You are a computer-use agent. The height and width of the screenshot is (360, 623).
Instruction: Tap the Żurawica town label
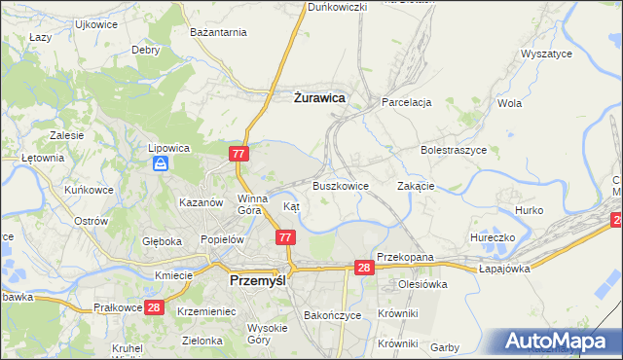pos(320,97)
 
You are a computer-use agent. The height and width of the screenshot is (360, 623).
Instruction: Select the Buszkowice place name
pos(340,185)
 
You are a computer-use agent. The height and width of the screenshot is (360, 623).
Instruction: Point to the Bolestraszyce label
pos(453,151)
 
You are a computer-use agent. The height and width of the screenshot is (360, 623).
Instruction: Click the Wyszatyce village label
pos(546,54)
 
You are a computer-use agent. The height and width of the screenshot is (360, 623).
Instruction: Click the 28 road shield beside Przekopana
pos(364,268)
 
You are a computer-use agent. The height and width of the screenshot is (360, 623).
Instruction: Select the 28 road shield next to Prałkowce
pos(153,307)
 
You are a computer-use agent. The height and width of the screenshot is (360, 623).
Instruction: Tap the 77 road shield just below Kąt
pos(285,237)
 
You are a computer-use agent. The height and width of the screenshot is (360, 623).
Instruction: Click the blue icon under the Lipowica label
pos(160,164)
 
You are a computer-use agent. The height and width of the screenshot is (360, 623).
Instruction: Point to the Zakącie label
pos(416,185)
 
